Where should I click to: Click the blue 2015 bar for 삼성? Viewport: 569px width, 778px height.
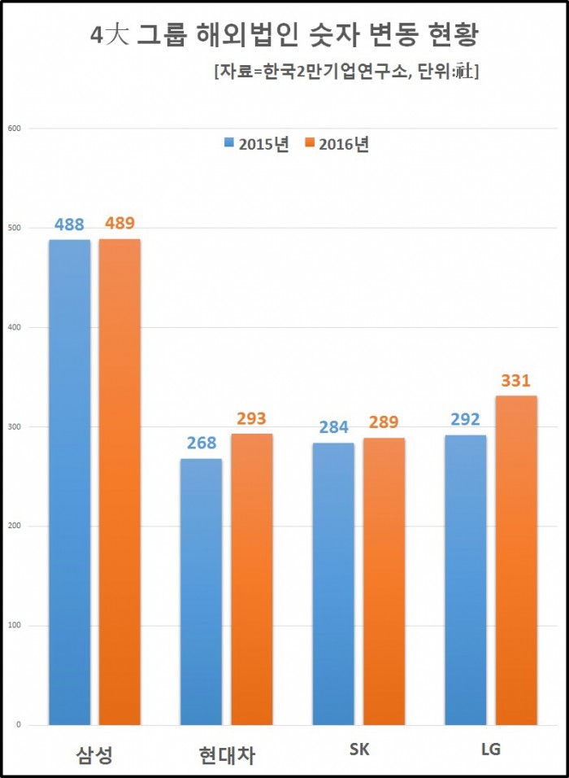click(69, 482)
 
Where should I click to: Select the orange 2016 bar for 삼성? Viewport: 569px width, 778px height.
click(119, 482)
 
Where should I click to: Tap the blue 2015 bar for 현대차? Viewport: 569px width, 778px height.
click(201, 592)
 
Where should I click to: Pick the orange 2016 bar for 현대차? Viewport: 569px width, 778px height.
click(251, 579)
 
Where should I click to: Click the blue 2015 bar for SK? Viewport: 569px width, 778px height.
click(333, 583)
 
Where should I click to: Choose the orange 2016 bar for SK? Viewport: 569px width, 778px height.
click(384, 581)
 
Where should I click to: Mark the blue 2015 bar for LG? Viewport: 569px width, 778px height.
click(465, 579)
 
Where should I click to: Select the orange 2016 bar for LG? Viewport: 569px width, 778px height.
click(516, 560)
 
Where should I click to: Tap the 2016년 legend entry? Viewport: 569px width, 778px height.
click(337, 144)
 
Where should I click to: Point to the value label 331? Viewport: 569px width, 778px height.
click(516, 380)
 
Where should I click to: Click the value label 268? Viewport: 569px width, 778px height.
click(201, 443)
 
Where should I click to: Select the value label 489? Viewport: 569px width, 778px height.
click(119, 223)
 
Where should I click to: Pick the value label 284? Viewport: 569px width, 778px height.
click(333, 426)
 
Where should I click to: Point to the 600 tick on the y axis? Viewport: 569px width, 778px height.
click(13, 129)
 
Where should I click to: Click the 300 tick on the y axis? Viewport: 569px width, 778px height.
click(13, 426)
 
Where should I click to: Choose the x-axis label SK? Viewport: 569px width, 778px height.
click(358, 749)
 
